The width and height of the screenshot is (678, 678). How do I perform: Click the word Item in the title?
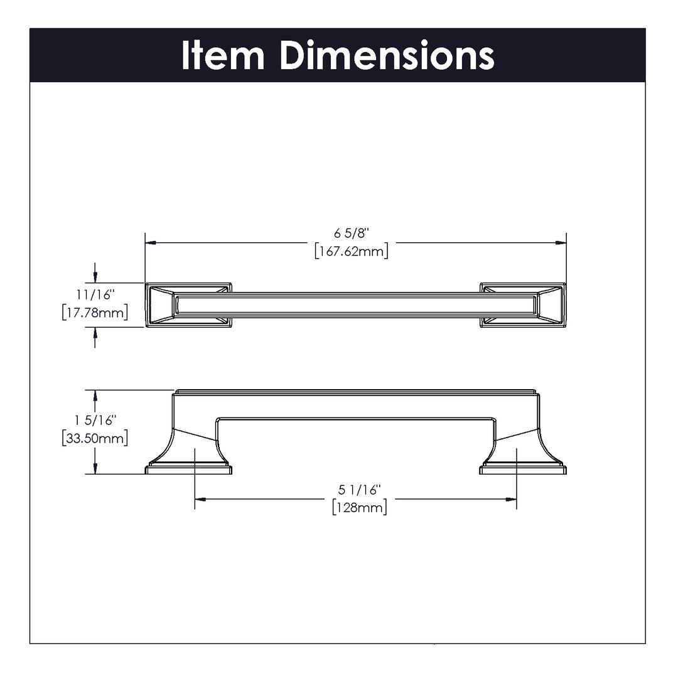pyautogui.click(x=223, y=55)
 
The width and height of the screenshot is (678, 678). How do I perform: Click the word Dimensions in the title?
pyautogui.click(x=387, y=55)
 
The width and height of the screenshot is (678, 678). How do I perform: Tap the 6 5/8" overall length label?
pyautogui.click(x=352, y=233)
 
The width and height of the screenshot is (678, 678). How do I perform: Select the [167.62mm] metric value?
pyautogui.click(x=352, y=250)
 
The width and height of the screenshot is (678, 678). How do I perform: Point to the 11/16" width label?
pyautogui.click(x=95, y=294)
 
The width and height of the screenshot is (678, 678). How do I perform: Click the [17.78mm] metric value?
pyautogui.click(x=95, y=312)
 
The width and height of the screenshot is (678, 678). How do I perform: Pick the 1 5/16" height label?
pyautogui.click(x=95, y=420)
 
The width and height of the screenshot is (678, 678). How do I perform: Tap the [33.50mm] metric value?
pyautogui.click(x=95, y=438)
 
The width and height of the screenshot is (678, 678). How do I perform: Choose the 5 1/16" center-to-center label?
pyautogui.click(x=360, y=490)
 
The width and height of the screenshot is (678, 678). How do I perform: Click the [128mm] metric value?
pyautogui.click(x=360, y=507)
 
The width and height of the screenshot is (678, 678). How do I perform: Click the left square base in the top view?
pyautogui.click(x=188, y=305)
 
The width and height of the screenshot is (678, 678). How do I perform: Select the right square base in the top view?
pyautogui.click(x=523, y=305)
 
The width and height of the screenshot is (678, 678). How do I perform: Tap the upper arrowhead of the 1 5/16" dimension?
pyautogui.click(x=95, y=395)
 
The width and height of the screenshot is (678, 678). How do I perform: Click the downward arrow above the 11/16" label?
pyautogui.click(x=95, y=272)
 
